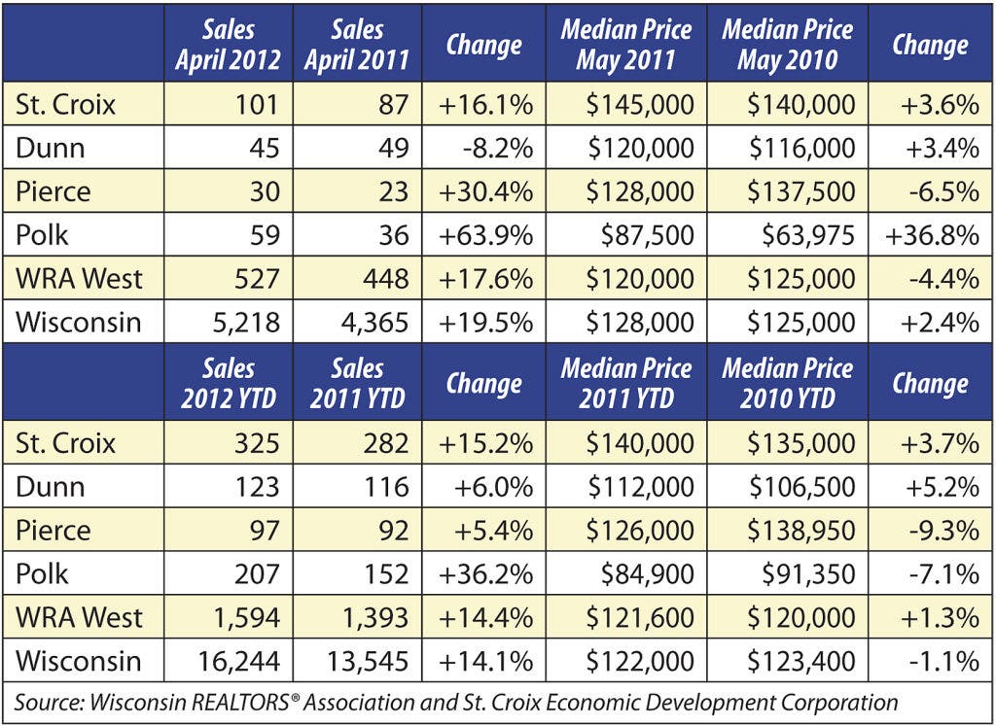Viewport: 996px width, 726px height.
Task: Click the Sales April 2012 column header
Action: [228, 44]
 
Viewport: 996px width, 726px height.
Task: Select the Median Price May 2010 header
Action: [788, 44]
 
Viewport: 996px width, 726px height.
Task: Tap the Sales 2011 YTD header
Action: [357, 383]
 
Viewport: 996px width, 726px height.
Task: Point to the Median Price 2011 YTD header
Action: [626, 383]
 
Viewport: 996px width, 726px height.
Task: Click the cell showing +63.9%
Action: [486, 235]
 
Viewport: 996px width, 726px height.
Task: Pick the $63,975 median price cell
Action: [808, 235]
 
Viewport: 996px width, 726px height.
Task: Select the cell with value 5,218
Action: [238, 322]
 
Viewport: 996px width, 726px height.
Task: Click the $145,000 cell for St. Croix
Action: [640, 104]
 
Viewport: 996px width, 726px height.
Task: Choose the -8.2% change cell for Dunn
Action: [499, 148]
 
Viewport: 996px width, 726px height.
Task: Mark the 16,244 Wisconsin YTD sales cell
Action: [238, 661]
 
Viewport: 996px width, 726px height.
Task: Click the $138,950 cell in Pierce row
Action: [800, 531]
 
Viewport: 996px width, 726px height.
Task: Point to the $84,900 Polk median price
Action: [647, 573]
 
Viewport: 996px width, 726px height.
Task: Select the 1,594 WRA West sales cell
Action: [247, 617]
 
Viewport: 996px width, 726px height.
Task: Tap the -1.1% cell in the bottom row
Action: [944, 661]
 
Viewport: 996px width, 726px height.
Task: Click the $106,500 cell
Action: [801, 487]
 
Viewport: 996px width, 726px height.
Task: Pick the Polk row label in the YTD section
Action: [41, 573]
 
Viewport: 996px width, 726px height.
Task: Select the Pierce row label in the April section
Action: [53, 191]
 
